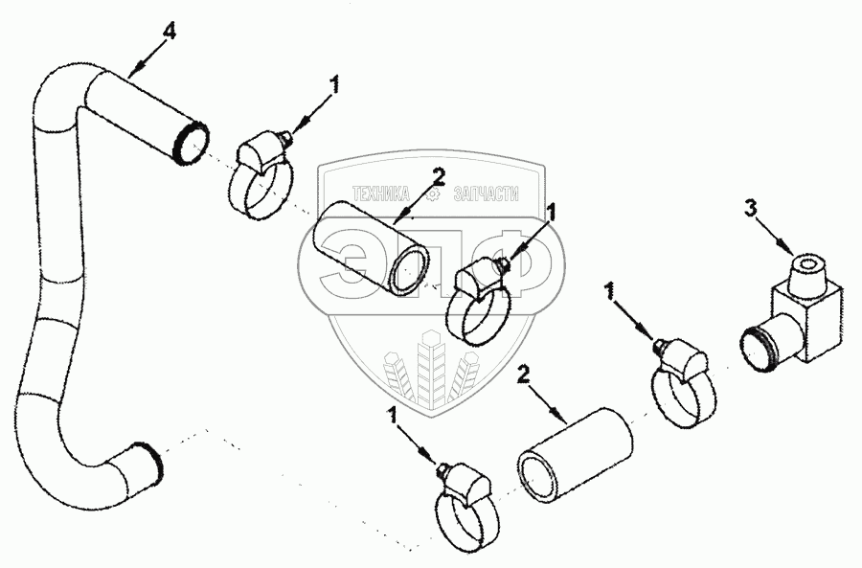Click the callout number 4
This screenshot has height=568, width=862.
tap(169, 32)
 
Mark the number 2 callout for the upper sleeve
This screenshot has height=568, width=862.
tap(438, 176)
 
